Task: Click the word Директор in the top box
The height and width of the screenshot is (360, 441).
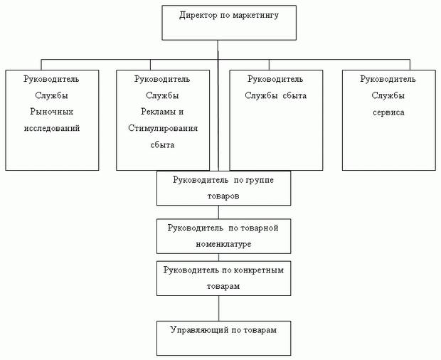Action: (198, 15)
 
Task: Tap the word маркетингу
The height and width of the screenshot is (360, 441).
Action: (255, 16)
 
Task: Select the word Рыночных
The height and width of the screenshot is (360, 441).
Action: (52, 112)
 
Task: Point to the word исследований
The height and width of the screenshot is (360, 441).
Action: (52, 128)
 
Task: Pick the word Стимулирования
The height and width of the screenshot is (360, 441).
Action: (163, 128)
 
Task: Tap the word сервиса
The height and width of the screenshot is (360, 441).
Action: (388, 112)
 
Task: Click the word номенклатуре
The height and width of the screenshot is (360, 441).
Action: (223, 244)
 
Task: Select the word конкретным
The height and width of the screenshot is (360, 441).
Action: (259, 270)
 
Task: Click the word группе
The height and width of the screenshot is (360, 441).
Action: (260, 180)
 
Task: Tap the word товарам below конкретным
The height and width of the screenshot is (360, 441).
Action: (223, 286)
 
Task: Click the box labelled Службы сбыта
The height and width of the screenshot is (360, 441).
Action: (276, 120)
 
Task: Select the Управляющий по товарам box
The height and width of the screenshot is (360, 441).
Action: (223, 338)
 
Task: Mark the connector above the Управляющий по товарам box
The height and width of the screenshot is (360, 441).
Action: (219, 308)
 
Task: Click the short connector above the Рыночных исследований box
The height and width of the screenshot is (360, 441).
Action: (41, 65)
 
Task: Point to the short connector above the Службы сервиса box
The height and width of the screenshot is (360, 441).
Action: (410, 65)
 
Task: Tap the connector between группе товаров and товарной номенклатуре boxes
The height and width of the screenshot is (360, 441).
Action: (218, 212)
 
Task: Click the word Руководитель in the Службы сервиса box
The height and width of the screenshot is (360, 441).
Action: (388, 79)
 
